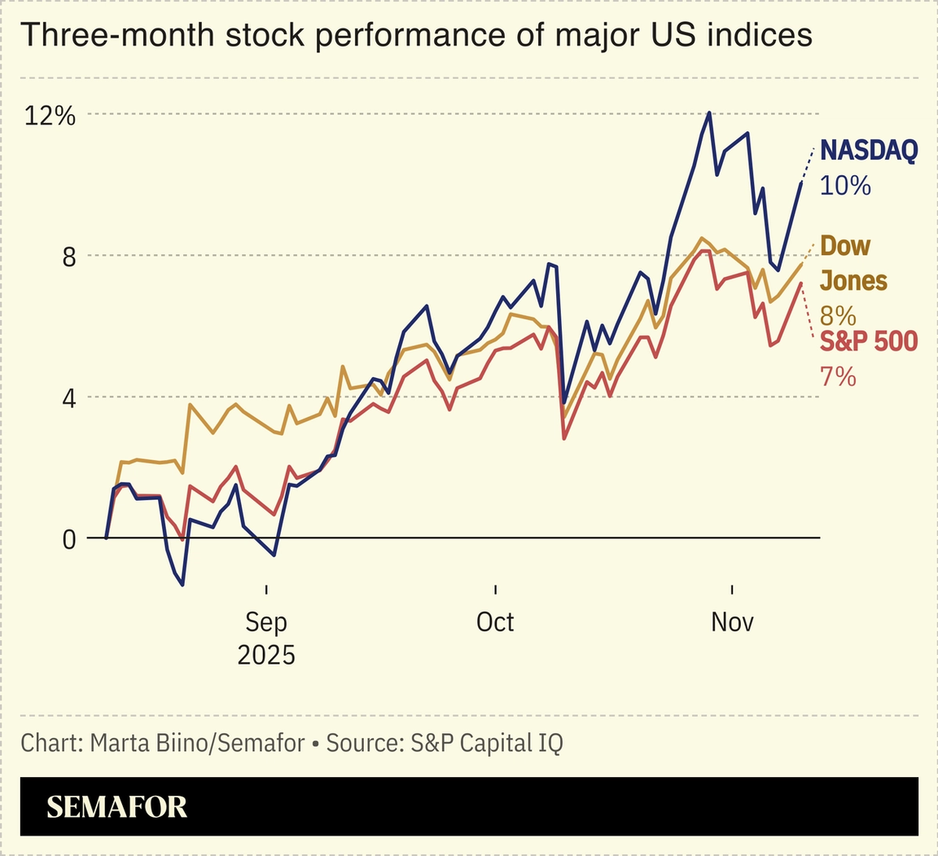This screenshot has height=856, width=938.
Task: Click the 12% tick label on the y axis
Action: click(50, 116)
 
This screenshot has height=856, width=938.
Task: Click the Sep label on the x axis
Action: click(266, 622)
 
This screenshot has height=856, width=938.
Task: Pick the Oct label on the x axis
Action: click(495, 622)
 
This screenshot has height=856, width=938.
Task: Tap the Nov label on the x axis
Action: click(732, 622)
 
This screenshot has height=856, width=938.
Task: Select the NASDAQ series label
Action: click(868, 151)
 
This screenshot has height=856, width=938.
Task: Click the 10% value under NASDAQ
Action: click(845, 186)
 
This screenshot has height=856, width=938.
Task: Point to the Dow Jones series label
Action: click(853, 263)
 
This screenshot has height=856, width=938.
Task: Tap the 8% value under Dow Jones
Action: click(838, 315)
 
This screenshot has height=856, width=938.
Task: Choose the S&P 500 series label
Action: click(868, 341)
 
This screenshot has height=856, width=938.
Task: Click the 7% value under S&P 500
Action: click(838, 376)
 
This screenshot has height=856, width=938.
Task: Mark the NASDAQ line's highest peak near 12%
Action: click(709, 113)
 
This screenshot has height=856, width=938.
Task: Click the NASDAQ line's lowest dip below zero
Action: click(182, 584)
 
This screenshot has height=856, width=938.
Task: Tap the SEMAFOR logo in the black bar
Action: click(116, 806)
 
